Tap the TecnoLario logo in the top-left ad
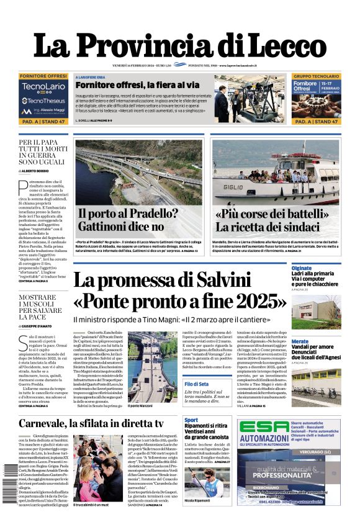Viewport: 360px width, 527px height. pos(42,88)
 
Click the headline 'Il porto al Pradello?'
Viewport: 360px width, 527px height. pos(127,214)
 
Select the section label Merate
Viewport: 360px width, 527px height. pos(300,341)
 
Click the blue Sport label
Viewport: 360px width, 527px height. pos(191,420)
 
